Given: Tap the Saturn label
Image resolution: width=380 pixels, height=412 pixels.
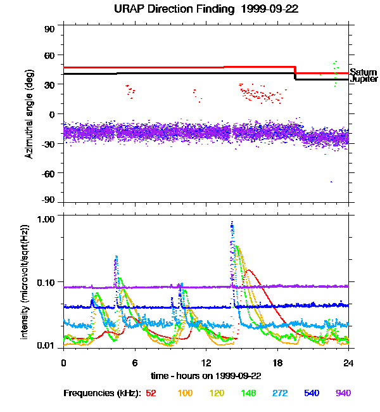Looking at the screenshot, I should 363,72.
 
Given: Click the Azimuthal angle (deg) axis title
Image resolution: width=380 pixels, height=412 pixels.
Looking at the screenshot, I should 29,115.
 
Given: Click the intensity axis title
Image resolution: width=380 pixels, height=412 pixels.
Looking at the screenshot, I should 25,281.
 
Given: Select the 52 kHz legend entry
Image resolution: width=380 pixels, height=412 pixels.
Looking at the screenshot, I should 151,393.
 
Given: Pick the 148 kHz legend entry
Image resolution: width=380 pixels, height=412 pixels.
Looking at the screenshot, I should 249,393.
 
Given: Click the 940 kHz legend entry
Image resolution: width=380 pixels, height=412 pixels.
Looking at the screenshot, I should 343,393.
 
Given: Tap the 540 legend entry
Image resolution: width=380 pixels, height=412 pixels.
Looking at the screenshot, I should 311,393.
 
